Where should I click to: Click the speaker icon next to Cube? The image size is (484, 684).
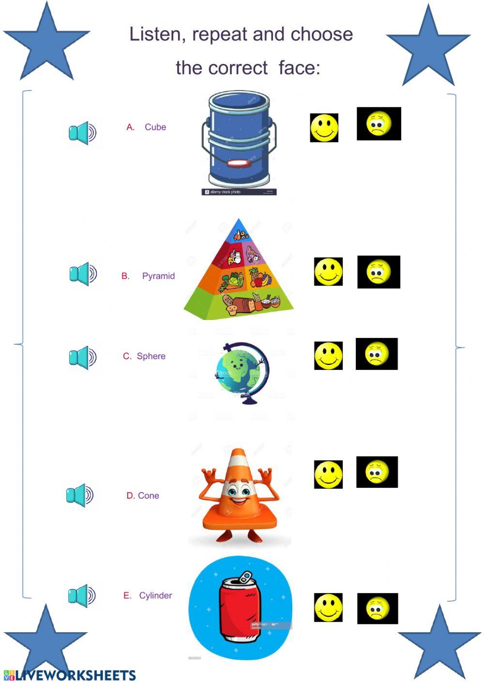point(82,133)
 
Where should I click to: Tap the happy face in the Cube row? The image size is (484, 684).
point(324,128)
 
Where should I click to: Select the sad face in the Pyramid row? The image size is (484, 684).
point(378,272)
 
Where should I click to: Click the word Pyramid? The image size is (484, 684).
point(158,276)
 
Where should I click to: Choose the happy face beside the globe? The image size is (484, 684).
point(328,356)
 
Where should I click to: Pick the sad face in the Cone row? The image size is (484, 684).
point(377,472)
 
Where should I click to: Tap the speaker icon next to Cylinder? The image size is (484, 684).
point(82,595)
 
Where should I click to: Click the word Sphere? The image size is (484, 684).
point(151,356)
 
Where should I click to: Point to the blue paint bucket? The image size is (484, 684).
point(239,140)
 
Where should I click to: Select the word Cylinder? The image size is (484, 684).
point(155,595)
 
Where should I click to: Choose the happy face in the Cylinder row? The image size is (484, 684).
point(328,608)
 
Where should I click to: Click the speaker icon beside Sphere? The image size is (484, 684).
point(82,358)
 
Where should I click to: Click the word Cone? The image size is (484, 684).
point(149,496)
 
